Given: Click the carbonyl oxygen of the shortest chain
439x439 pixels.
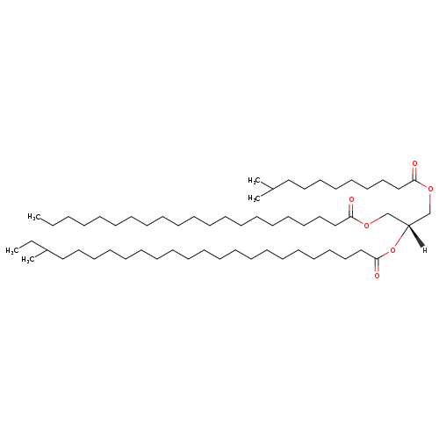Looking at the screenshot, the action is [414, 163].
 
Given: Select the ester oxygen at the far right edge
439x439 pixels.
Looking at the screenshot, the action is [430, 189].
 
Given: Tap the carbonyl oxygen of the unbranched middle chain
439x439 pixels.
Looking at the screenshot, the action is [351, 200].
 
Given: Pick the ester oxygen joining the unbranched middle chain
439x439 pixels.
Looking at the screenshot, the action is [367, 225].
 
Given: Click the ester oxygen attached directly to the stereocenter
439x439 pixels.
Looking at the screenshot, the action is [392, 250].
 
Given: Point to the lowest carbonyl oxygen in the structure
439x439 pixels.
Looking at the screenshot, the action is [377, 276].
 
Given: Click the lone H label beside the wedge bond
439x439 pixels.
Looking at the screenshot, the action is [425, 250].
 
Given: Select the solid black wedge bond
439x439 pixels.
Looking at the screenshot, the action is [416, 236].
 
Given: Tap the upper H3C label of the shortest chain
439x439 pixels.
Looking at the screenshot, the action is [254, 181].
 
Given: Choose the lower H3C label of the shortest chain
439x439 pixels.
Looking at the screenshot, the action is [254, 198].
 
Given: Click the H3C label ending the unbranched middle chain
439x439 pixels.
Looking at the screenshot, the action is [34, 217].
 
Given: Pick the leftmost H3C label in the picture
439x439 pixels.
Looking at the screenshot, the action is [12, 251].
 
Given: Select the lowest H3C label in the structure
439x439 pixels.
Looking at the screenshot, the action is [28, 260].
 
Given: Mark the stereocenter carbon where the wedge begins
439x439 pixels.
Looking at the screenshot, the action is [408, 226].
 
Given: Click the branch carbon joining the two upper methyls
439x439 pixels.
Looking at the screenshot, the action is [272, 189].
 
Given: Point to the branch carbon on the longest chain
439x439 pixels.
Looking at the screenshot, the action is [47, 250].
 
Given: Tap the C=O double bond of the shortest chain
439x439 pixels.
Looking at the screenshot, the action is [414, 174].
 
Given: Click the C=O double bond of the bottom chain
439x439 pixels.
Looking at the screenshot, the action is [377, 265].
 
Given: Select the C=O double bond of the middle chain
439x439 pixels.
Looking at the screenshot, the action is [351, 210].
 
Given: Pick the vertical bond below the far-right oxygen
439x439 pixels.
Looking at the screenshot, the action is [430, 203].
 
